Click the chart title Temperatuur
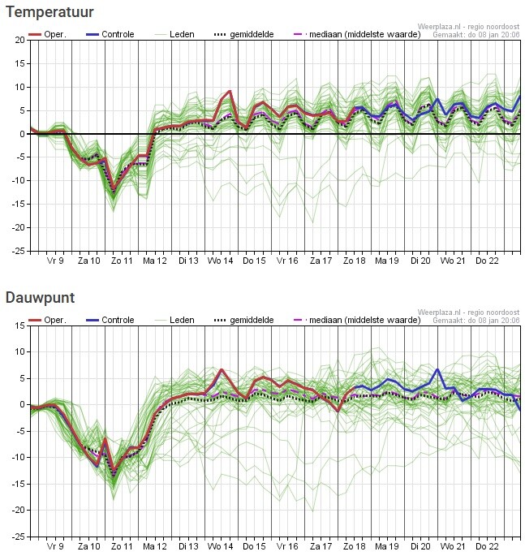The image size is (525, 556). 49,13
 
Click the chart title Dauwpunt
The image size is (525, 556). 41,298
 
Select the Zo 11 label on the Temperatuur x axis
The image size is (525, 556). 123,261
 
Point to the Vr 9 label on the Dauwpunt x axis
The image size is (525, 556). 56,546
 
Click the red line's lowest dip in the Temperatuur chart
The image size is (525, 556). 114,192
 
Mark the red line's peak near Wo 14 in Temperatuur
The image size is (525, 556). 230,91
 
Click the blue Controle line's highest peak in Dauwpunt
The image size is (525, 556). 438,369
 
